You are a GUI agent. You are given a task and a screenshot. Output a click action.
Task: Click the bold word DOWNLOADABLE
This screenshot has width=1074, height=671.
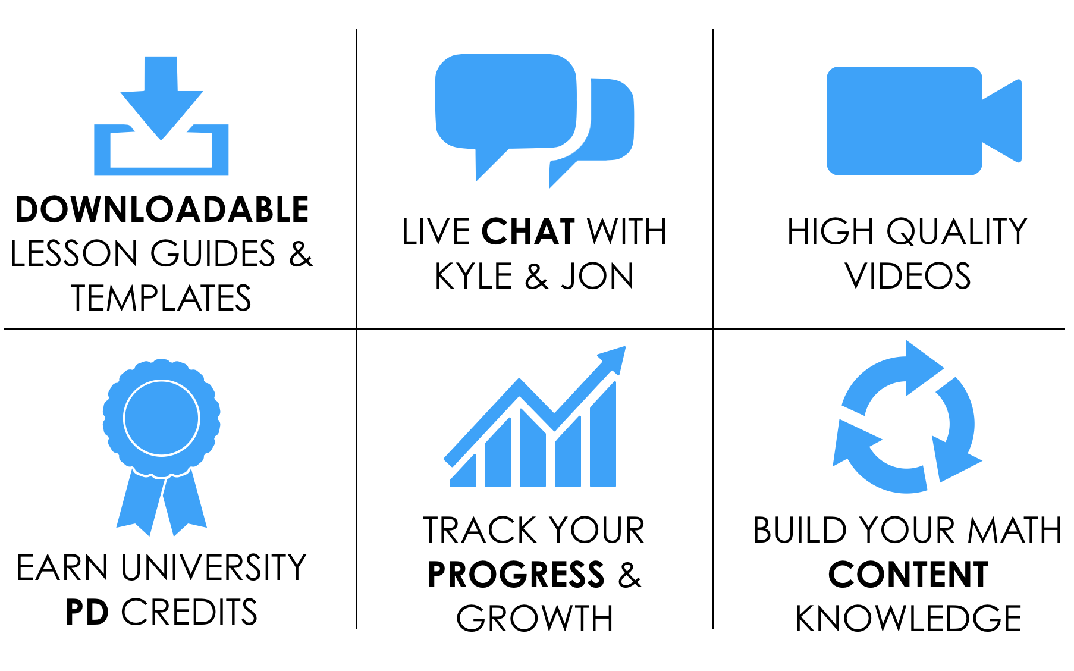point(162,209)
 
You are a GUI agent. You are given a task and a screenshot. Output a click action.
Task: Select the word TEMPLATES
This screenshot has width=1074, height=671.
point(161,298)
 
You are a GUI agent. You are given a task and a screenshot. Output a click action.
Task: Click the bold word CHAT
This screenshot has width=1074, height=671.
point(528,231)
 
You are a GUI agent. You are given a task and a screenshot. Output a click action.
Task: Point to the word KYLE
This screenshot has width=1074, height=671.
point(473,276)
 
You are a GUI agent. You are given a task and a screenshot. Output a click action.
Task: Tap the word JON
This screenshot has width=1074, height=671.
point(598,276)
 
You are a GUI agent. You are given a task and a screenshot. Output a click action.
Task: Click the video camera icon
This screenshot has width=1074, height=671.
point(924,121)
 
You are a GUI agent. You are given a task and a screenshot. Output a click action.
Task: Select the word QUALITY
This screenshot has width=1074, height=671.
point(957,231)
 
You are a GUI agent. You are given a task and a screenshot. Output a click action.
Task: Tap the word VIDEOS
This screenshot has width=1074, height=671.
point(907,276)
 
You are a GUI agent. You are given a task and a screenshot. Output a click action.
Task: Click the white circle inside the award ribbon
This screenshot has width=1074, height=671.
point(162,418)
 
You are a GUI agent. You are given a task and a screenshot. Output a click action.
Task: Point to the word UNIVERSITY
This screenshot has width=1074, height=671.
point(213,567)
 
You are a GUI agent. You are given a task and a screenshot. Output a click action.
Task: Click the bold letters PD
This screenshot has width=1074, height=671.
point(87,612)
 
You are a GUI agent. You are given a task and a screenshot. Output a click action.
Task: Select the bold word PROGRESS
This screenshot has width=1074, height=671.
point(516,575)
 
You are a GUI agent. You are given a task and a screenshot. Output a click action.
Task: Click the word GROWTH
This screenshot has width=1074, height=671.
point(535,619)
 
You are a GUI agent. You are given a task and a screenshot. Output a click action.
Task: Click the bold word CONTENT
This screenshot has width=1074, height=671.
point(908,575)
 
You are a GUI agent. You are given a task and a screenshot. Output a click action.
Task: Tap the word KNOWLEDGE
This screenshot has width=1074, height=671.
point(908,619)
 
